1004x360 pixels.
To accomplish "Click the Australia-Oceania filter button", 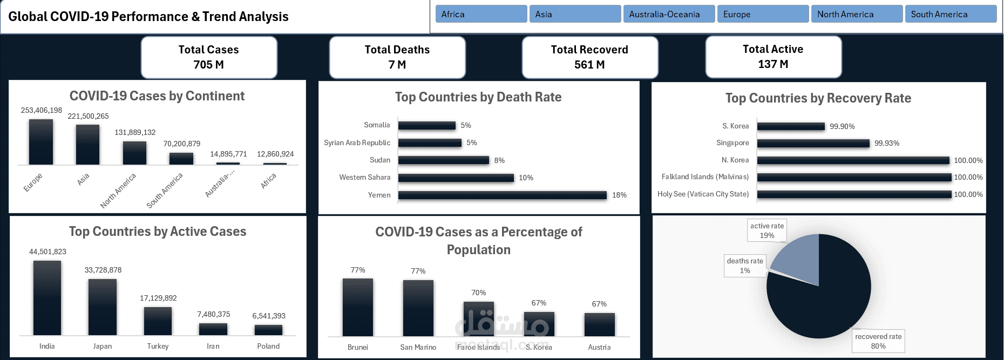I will coord(669,14).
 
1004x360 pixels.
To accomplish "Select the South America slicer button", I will coord(951,14).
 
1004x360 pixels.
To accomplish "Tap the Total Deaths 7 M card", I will coord(397,57).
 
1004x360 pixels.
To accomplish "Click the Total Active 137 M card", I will coord(773,57).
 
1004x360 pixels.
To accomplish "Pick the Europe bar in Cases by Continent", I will coord(41,142).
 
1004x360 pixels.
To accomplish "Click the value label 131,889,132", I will coord(135,132).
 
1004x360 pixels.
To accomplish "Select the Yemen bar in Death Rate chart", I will coord(502,195).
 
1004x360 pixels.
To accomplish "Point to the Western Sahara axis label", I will coord(364,177).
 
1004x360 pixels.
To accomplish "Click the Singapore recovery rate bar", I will coord(813,144).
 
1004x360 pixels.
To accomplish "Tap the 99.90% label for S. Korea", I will coord(842,126).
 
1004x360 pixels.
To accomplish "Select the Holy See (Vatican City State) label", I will coord(703,194).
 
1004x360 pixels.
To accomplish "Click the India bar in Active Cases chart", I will coord(47,298).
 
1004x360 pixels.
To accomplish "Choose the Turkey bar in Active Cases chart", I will coord(158,321).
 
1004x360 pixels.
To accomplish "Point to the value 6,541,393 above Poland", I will coord(269,316).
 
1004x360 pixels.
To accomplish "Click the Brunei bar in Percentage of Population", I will coord(357,307).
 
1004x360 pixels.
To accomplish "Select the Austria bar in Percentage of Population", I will coord(599,324).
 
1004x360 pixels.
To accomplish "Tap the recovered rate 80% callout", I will coord(878,341).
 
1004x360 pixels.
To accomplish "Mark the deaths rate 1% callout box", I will coord(745,266).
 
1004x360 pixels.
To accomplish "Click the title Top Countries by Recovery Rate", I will coord(818,98).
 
